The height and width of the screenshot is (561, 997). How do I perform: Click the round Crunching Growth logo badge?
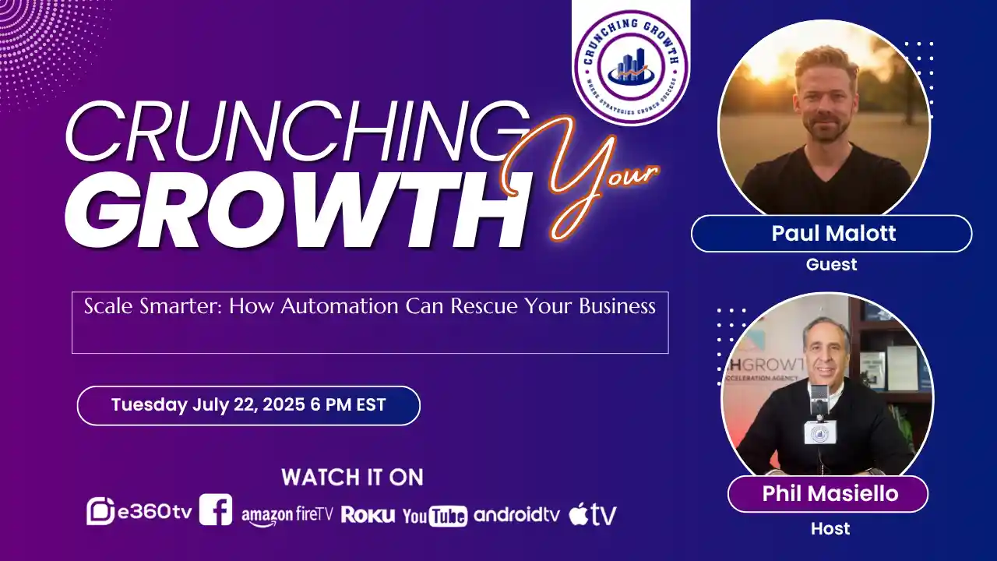pyautogui.click(x=631, y=67)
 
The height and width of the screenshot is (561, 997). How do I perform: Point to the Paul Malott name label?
pyautogui.click(x=831, y=234)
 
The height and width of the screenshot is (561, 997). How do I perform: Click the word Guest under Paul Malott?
pyautogui.click(x=831, y=264)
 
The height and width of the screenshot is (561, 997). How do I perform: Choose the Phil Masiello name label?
pyautogui.click(x=827, y=493)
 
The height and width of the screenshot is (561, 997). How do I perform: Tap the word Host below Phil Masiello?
pyautogui.click(x=830, y=528)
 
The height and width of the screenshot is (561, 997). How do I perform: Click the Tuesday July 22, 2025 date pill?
pyautogui.click(x=248, y=405)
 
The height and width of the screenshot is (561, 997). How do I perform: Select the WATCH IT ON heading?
pyautogui.click(x=352, y=477)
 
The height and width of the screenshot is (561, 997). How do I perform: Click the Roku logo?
pyautogui.click(x=368, y=514)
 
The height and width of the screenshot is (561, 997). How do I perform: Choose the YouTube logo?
pyautogui.click(x=435, y=515)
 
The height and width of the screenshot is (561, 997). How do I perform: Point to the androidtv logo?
pyautogui.click(x=516, y=514)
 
